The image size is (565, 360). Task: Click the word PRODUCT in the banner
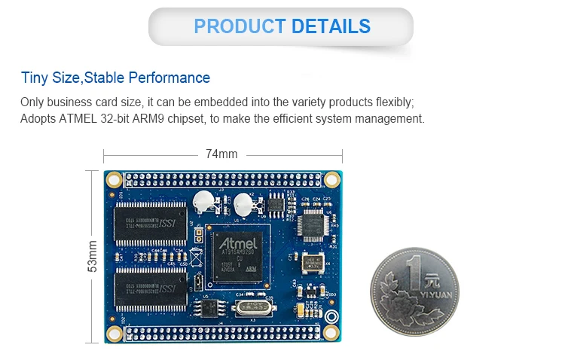[x=240, y=26]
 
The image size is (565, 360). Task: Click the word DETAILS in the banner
[x=331, y=26]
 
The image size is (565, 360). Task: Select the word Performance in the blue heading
[x=169, y=78]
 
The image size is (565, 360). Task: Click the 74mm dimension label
[x=221, y=154]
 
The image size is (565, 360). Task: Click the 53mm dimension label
[x=93, y=256]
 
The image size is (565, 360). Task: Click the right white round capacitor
[x=242, y=203]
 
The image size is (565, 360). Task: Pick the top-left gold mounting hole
[x=114, y=179]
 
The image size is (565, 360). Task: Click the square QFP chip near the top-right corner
[x=311, y=224]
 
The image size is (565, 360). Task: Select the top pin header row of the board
[x=222, y=179]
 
